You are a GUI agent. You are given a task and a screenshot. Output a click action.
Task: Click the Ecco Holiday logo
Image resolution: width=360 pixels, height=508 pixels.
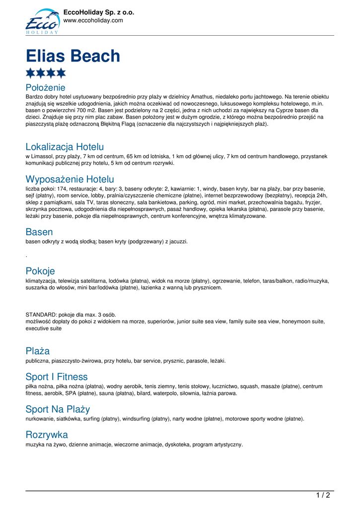(42, 21)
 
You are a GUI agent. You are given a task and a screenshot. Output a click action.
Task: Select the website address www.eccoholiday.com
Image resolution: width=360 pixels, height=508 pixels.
(93, 20)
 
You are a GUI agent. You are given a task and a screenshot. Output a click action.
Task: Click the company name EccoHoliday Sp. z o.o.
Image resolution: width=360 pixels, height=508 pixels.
(99, 12)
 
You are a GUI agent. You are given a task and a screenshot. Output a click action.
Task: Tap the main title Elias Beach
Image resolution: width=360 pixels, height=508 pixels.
(73, 56)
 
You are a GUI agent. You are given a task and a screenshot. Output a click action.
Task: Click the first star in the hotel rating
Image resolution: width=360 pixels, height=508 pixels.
(30, 73)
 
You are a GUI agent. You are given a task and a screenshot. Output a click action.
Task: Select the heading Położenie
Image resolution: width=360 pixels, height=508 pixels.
(45, 87)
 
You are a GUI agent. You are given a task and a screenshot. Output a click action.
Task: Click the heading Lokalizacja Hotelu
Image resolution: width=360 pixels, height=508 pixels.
(65, 147)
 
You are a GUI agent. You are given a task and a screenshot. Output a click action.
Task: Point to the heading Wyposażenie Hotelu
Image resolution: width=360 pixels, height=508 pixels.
(70, 179)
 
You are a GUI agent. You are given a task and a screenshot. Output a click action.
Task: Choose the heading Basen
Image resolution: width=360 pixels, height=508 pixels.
(39, 232)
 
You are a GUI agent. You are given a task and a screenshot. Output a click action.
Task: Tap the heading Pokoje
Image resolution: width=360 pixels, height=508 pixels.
(40, 271)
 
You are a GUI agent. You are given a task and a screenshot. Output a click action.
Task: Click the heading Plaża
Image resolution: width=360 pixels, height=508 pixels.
(38, 351)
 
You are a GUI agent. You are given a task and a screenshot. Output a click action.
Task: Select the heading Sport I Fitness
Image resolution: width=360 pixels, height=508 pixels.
(57, 377)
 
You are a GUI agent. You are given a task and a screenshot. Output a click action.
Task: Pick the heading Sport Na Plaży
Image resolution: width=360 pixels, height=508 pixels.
(58, 409)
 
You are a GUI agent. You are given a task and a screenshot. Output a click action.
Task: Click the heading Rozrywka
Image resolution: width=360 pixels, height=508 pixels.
(47, 435)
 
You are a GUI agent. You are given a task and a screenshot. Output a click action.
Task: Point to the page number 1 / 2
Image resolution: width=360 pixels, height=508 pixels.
(323, 495)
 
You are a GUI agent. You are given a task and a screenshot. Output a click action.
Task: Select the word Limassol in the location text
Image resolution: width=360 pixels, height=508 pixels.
(42, 156)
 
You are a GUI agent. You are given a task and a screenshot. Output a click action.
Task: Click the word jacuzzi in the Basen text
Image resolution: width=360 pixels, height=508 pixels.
(177, 242)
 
